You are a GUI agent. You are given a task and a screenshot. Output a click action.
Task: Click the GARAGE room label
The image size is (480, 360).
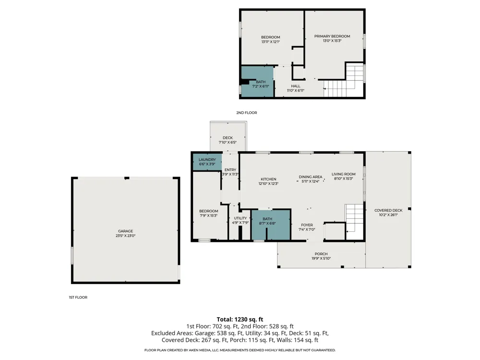point(125,231)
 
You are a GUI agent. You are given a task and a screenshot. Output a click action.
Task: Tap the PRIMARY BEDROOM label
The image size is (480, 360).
point(332,36)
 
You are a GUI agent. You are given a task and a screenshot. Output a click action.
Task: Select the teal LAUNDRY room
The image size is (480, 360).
point(207,162)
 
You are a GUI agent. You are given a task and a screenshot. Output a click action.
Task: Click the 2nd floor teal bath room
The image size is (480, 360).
point(257,82)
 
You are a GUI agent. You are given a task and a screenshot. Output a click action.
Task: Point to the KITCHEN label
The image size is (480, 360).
point(268,179)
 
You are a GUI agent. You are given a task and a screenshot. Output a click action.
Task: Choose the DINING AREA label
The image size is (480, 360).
point(311,177)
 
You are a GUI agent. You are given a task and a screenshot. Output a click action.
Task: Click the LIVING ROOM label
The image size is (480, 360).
point(344,174)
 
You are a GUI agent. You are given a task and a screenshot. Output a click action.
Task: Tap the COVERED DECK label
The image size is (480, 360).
point(388,210)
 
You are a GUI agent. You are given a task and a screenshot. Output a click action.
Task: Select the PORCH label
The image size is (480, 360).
point(321,254)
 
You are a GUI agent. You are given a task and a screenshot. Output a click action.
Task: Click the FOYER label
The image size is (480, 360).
point(307,225)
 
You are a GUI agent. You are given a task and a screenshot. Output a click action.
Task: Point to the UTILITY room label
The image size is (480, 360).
point(240,218)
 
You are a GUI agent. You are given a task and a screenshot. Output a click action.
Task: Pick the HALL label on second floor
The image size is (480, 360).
point(296,86)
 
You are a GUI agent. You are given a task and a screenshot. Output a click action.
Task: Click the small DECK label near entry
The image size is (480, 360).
point(228,138)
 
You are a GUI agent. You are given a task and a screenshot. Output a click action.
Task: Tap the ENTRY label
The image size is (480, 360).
point(230,170)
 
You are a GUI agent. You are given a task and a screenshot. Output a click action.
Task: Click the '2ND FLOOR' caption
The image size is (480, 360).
point(246,113)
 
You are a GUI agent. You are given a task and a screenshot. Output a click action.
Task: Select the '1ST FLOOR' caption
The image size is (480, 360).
point(78,297)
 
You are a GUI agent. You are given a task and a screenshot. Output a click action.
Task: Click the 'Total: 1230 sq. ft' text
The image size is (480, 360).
point(240,319)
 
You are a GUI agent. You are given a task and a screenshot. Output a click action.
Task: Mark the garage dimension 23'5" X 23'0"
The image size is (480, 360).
point(125,236)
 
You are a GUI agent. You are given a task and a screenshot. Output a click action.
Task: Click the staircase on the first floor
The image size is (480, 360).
point(355,222)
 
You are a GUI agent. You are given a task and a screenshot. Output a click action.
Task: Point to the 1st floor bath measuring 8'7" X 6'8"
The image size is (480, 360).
point(271,225)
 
